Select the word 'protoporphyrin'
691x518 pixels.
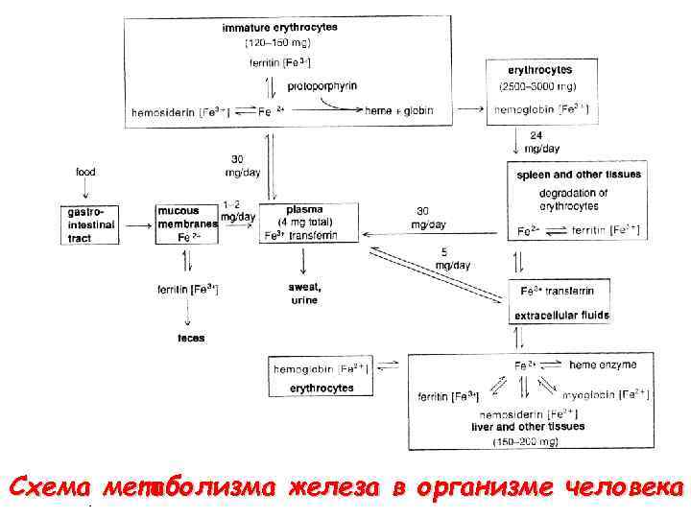tap(322, 86)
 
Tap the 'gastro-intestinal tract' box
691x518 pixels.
tap(92, 224)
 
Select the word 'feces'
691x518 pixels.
tap(190, 338)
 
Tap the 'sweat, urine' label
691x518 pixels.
tap(304, 294)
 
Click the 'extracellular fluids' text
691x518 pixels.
tap(561, 315)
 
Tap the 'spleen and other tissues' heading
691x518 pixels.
tap(578, 175)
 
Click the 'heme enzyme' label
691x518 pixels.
tap(603, 365)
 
